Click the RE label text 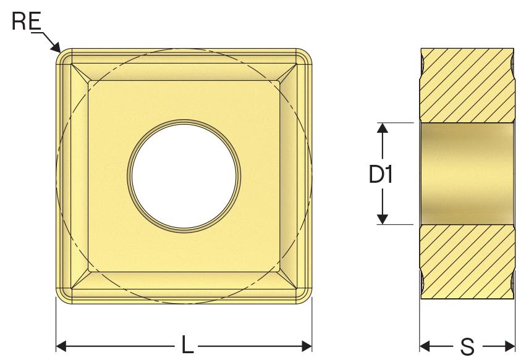(x=27, y=21)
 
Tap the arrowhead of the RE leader (x=56, y=48)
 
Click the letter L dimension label (x=187, y=345)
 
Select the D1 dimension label (x=381, y=174)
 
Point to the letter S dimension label (x=467, y=346)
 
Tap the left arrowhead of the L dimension (x=61, y=346)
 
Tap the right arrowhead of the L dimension (x=307, y=346)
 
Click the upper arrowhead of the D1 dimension (x=383, y=128)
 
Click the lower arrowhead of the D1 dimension (x=383, y=219)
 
